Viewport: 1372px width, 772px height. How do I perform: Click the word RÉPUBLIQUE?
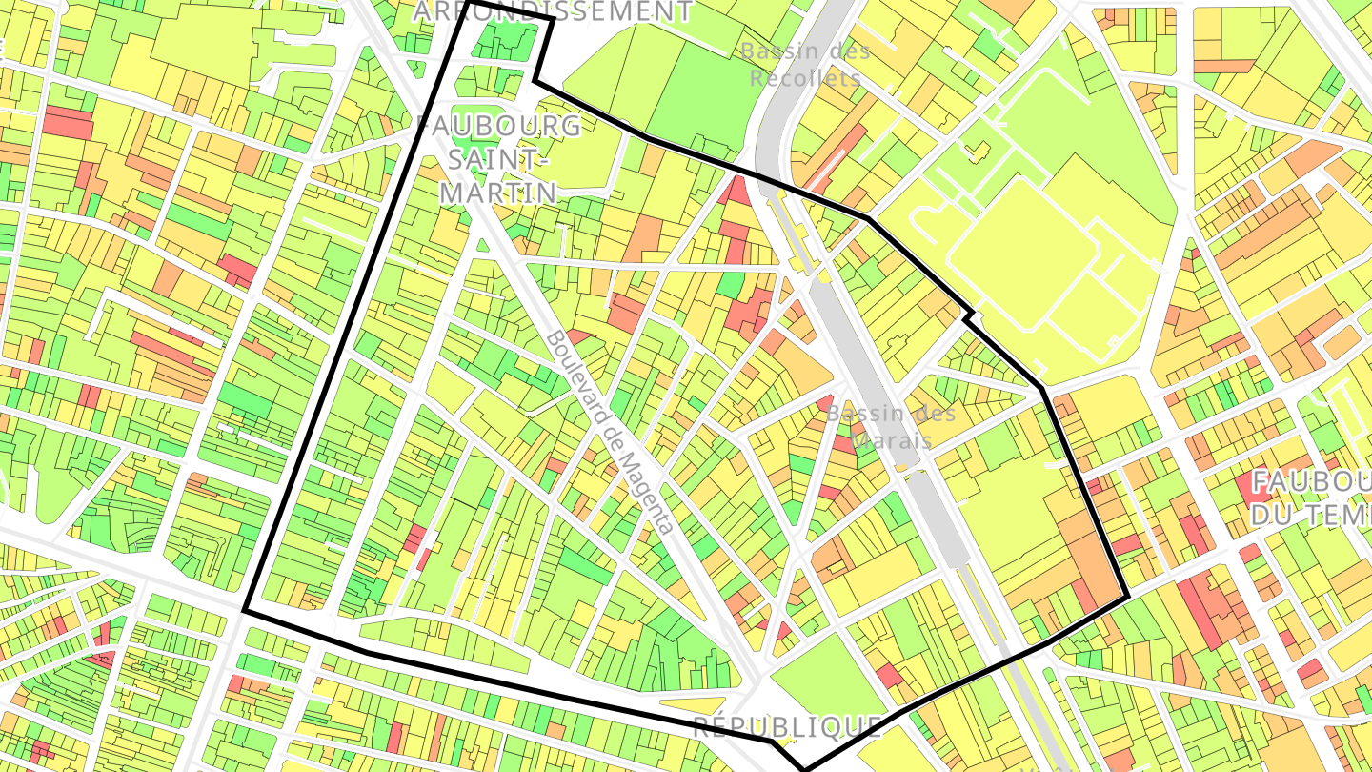(x=787, y=727)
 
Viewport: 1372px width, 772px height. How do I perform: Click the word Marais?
(x=891, y=441)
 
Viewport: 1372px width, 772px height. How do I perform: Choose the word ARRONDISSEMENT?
(x=553, y=10)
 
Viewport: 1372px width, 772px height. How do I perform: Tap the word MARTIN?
(x=497, y=193)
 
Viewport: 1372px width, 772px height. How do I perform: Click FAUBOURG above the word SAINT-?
(x=499, y=126)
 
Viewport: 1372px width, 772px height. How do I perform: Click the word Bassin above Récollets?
(x=773, y=51)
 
